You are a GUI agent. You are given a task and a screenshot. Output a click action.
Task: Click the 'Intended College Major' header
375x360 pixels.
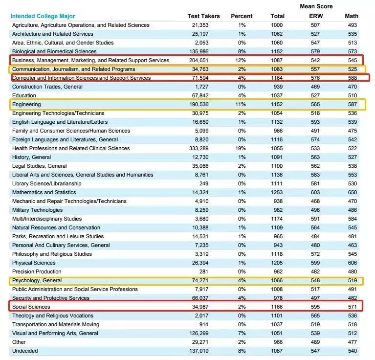[x=43, y=16]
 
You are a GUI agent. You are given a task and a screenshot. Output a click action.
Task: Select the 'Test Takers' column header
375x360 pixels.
[x=203, y=16]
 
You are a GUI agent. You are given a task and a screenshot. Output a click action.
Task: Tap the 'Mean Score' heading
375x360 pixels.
[x=316, y=6]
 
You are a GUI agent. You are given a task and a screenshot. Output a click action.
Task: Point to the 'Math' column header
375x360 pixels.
[x=351, y=16]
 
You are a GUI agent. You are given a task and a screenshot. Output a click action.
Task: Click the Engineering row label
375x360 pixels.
[x=26, y=104]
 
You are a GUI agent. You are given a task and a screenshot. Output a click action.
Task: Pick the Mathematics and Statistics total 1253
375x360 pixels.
[x=277, y=192]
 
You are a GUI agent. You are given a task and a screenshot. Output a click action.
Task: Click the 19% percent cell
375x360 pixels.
[x=242, y=148]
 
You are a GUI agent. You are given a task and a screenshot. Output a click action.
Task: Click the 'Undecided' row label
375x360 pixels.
[x=25, y=351]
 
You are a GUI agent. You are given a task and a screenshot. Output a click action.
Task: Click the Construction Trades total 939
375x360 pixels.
[x=277, y=87]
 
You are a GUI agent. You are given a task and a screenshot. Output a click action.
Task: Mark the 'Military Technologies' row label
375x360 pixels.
[x=37, y=210]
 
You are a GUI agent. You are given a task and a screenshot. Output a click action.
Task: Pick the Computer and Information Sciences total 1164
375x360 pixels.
[x=277, y=78]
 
